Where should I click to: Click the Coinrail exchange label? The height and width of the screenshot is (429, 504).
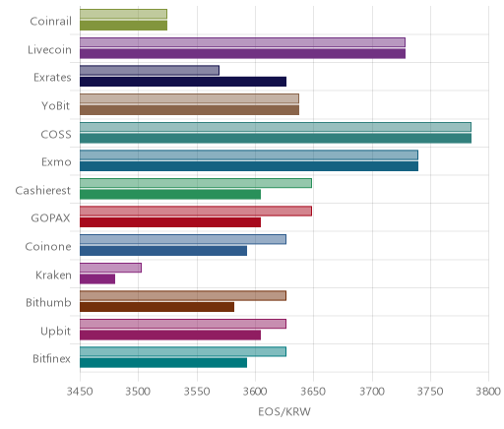50,22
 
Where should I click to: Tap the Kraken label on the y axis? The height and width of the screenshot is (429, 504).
53,275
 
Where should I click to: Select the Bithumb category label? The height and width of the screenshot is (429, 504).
48,302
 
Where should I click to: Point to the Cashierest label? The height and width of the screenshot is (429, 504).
43,190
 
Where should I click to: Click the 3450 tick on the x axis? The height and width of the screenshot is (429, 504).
80,392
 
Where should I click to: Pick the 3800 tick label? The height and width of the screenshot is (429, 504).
488,392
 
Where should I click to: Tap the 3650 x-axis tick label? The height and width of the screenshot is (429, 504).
313,392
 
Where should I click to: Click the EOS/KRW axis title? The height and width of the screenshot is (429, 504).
284,411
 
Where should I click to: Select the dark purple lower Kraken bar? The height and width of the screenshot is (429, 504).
97,279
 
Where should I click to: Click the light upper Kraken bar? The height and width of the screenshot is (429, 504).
110,268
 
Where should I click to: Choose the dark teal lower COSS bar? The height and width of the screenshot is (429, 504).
276,139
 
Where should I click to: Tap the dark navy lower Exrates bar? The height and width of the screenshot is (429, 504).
183,82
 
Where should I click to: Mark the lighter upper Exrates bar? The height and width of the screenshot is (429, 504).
150,70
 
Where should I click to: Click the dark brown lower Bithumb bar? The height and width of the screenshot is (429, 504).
157,307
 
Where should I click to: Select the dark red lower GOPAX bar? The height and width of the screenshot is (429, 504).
170,222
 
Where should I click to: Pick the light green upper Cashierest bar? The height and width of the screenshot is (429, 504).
196,183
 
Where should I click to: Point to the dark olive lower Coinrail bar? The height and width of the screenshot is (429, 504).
123,26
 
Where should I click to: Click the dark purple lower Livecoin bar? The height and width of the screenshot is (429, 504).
242,54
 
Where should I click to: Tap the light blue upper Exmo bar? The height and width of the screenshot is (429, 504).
249,154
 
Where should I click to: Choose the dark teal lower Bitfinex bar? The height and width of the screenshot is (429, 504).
163,363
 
